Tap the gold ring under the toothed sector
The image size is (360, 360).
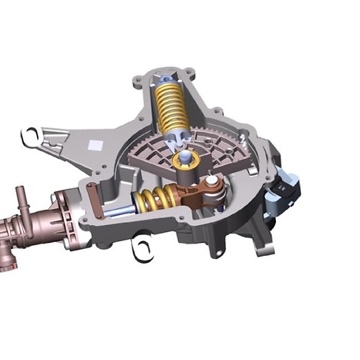point(186,160)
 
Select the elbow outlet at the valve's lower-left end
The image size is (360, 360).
point(7,262)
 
